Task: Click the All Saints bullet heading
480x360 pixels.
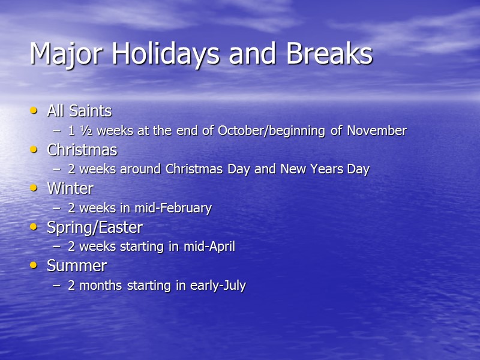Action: tap(79, 111)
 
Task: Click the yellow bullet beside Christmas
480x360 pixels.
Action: tap(34, 149)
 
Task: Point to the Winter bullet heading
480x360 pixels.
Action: tap(70, 188)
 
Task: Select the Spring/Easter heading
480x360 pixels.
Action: tap(95, 227)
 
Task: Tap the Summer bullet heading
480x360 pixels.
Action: tap(77, 266)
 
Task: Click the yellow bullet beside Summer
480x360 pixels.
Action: tap(34, 266)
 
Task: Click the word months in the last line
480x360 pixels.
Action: tap(100, 286)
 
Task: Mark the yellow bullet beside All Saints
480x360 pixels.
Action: tap(34, 111)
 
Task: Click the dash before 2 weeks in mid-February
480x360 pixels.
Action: tap(57, 208)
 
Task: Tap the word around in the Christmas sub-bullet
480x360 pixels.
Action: tap(136, 169)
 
